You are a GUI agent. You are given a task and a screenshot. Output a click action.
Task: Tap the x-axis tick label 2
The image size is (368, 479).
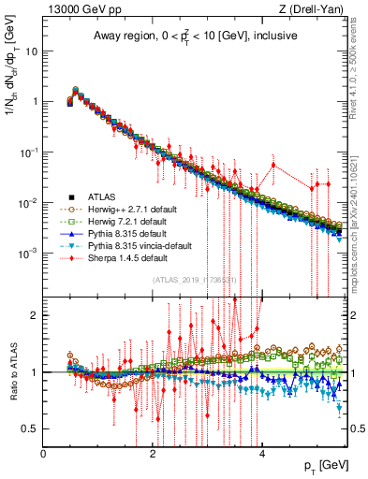pos(153,454)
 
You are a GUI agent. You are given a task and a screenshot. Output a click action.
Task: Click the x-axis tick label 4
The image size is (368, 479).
pos(262,454)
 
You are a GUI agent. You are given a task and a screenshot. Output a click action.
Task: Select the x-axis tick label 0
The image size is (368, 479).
pos(43,454)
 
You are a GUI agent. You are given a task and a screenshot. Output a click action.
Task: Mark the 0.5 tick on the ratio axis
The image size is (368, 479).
pos(30,428)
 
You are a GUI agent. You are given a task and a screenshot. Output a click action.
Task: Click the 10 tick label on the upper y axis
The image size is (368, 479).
pos(31,51)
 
